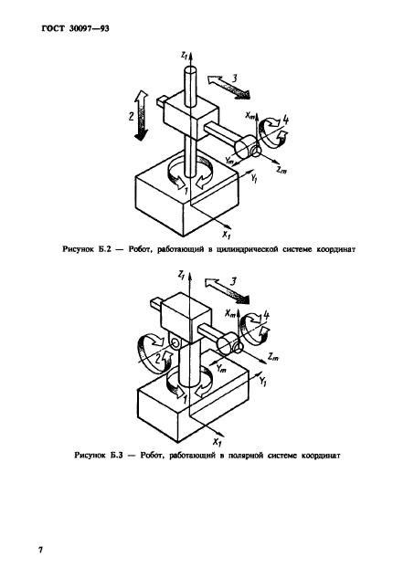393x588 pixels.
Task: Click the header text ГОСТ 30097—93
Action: [x=76, y=28]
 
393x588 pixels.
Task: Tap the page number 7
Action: [x=40, y=551]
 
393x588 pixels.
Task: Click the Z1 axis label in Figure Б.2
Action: [x=184, y=56]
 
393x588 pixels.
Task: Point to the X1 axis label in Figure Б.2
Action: [x=227, y=235]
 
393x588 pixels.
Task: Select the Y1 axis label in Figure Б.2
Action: [x=254, y=179]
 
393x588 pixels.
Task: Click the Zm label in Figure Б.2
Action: [x=281, y=170]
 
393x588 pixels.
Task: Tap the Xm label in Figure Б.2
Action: [x=250, y=115]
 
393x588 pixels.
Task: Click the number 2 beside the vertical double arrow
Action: [x=131, y=116]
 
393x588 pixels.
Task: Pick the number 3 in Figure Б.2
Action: [x=234, y=78]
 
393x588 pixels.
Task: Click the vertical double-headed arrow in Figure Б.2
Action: [x=142, y=115]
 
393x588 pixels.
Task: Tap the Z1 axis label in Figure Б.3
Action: [x=182, y=276]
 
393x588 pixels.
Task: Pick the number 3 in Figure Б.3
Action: [x=233, y=281]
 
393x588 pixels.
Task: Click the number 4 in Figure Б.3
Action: [x=267, y=315]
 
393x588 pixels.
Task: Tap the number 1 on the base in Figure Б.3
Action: [x=185, y=400]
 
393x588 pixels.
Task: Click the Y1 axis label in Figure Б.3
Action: [x=262, y=382]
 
